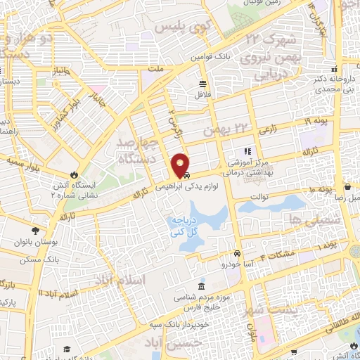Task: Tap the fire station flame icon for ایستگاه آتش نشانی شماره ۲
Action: (x=74, y=174)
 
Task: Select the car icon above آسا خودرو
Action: (x=238, y=254)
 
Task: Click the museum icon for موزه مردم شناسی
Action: (x=202, y=287)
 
